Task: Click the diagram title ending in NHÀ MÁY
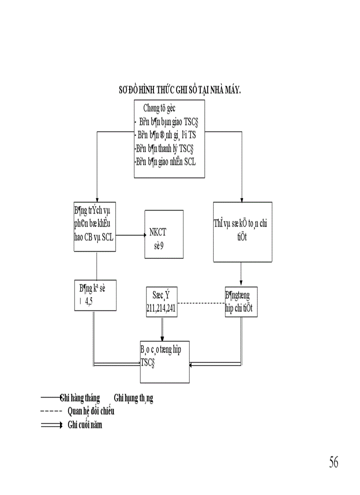coord(180,90)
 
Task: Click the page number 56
coord(333,462)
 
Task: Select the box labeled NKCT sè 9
coord(163,234)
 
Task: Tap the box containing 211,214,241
coord(161,302)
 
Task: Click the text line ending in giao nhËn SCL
coord(165,162)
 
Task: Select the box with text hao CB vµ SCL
coord(95,227)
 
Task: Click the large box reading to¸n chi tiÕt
coord(242,232)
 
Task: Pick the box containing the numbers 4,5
coord(95,295)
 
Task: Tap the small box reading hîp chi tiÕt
coord(241,301)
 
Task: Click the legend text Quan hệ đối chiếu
coord(91,411)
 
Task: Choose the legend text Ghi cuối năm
coord(85,425)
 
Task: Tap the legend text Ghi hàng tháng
coord(80,398)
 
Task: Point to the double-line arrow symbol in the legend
coord(51,425)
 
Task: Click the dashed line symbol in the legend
coord(51,412)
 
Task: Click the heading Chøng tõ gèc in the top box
coord(161,108)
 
